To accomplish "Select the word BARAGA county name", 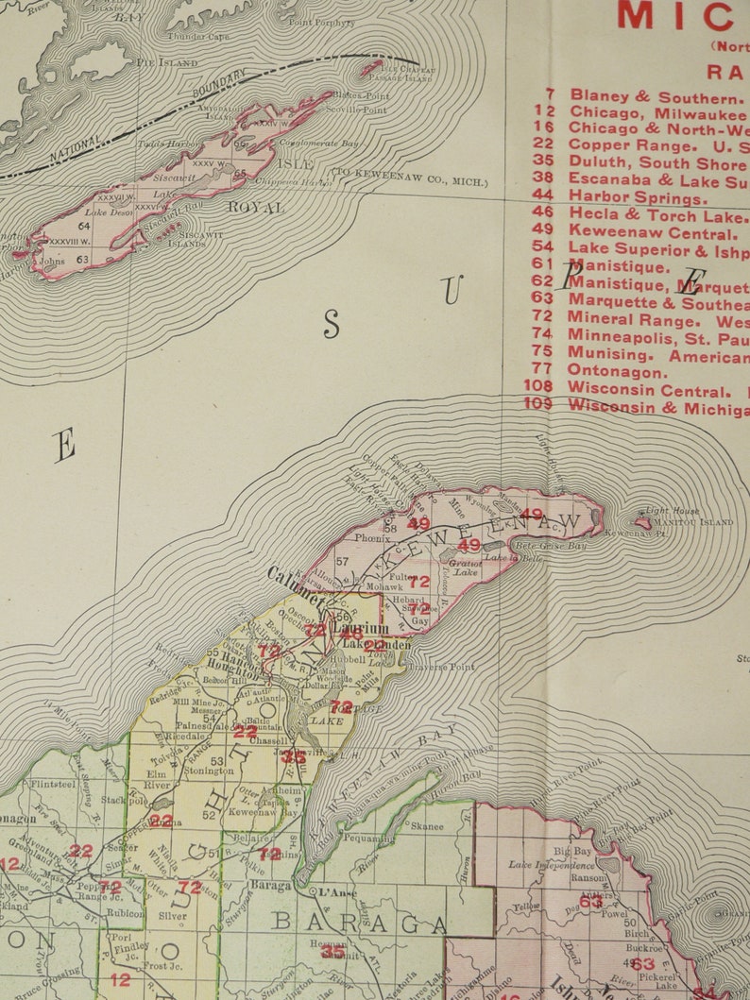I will pos(358,922).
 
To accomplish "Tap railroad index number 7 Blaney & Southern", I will pos(549,96).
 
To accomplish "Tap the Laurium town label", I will pos(360,628).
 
